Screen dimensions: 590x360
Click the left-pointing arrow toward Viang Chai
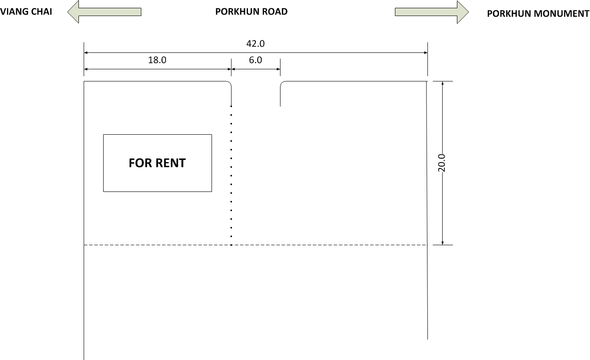104,12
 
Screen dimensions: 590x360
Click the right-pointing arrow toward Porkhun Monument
432,12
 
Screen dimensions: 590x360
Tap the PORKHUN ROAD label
251,12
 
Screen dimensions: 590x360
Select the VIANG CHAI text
26,12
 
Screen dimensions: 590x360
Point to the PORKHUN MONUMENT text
538,14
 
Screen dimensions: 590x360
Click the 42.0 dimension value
255,44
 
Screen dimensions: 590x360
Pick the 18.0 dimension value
157,60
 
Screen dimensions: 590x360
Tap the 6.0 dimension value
255,60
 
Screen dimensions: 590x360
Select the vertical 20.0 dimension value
442,163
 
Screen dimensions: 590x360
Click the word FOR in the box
140,163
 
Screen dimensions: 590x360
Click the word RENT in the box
171,163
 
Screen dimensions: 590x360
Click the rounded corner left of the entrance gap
229,83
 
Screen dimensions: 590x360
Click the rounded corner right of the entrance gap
282,83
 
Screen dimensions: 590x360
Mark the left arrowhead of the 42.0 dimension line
85,52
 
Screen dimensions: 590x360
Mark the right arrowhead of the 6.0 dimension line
279,69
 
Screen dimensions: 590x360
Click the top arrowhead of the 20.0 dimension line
443,83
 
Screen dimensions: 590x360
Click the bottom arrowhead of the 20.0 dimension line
443,243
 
